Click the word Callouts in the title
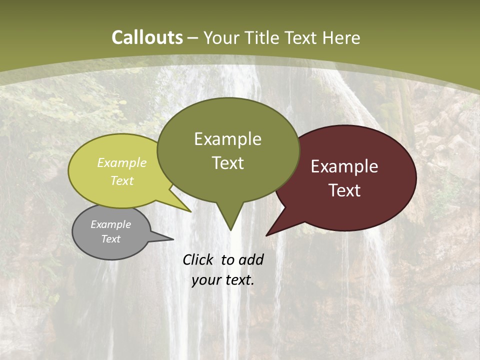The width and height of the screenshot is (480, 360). [x=147, y=37]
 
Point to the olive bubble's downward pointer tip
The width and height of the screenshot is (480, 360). [x=230, y=230]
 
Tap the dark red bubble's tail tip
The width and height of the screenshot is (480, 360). [x=267, y=235]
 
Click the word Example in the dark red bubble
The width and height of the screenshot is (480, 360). [x=344, y=166]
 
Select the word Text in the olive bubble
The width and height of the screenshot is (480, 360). [x=228, y=163]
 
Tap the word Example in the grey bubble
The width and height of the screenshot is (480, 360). [x=110, y=224]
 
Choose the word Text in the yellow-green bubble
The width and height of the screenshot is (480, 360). [x=122, y=180]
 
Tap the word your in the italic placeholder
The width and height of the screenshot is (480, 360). [x=206, y=280]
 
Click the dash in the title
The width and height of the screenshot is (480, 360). [x=193, y=38]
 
